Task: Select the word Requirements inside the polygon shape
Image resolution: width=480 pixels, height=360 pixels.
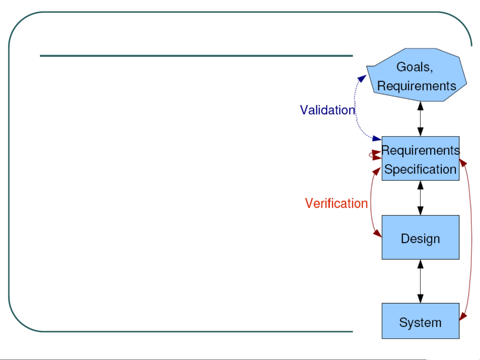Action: [417, 86]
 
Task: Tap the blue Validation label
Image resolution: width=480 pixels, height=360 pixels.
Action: [327, 110]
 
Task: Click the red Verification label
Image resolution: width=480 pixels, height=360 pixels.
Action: [336, 203]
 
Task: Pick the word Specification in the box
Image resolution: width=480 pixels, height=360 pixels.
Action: [420, 170]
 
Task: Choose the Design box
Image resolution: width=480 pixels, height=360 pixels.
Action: [420, 237]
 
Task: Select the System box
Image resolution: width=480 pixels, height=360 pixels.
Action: [420, 321]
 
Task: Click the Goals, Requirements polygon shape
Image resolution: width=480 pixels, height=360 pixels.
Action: [417, 75]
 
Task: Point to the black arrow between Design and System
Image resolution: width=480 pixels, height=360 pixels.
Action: [420, 281]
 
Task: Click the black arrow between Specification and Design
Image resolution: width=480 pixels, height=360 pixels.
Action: [420, 198]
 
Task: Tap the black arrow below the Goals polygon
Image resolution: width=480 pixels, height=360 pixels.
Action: [420, 119]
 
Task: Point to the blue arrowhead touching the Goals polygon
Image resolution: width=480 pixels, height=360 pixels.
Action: [362, 78]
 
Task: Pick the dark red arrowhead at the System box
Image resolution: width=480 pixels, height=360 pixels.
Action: [463, 317]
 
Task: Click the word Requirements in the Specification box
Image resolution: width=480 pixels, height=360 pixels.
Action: [420, 151]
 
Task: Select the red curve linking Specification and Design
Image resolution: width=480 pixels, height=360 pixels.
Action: [371, 202]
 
